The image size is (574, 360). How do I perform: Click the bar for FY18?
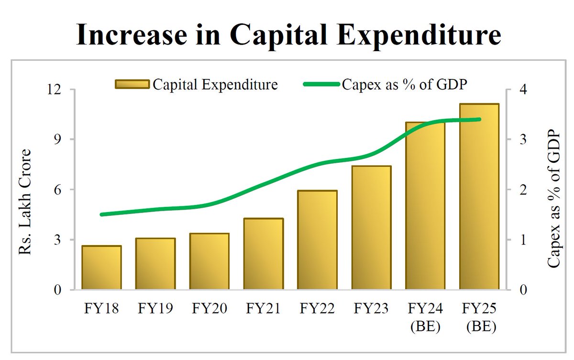coord(101,268)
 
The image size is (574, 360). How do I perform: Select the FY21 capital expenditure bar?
coord(263,254)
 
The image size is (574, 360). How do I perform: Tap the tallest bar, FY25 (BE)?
coord(479,196)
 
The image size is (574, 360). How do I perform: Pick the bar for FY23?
coord(371,227)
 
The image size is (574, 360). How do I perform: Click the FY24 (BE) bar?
coord(425,206)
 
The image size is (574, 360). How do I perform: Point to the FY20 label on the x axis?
coord(209,308)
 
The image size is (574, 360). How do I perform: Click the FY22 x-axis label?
coord(317,308)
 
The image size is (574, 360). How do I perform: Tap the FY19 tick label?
coord(155,308)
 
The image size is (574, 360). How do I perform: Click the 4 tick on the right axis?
coord(523,90)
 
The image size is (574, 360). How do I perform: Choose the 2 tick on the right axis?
coord(523,190)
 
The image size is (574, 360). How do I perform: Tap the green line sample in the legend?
coord(322,85)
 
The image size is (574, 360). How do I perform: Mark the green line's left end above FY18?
coord(101,214)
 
